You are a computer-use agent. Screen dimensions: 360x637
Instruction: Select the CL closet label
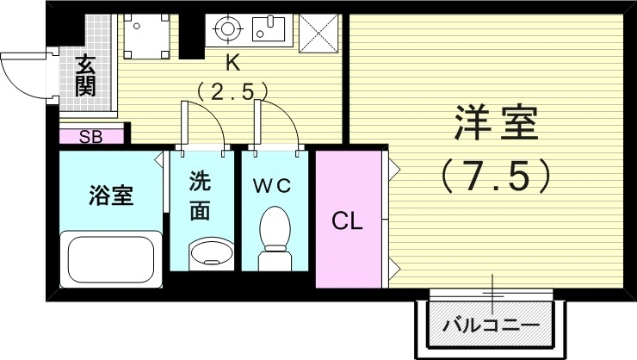pos(349,220)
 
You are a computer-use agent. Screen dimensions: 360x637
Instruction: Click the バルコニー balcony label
pos(491,326)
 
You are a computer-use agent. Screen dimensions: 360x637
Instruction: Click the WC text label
pos(273,184)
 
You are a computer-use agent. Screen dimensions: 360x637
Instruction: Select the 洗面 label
pos(199,196)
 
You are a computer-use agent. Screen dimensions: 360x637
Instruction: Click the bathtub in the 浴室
pos(109,258)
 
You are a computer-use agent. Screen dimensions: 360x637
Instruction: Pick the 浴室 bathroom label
pos(110,195)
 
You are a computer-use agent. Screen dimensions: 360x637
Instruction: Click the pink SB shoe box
pos(90,135)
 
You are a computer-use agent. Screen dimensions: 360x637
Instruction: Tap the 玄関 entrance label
pos(84,76)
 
